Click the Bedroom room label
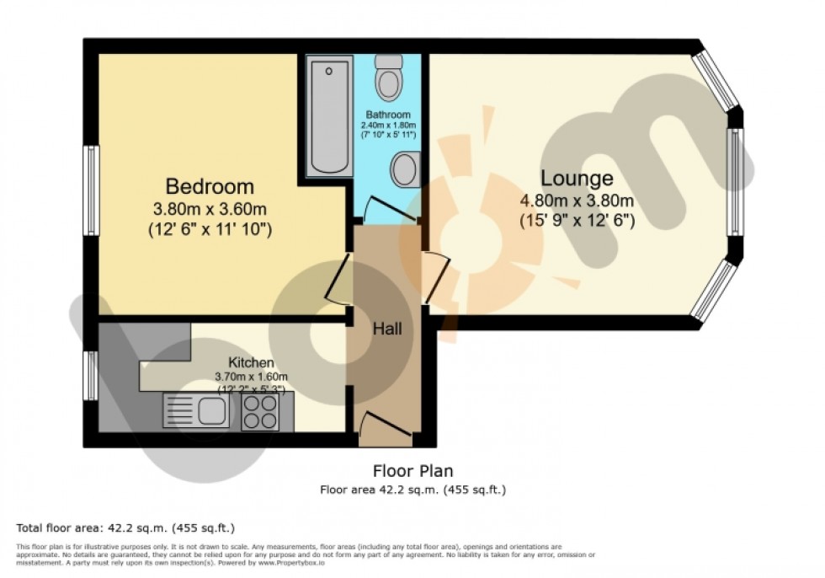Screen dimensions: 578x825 click(210, 186)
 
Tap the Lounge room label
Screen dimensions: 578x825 click(577, 179)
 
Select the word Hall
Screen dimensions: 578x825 click(387, 329)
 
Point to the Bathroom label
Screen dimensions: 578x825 click(388, 115)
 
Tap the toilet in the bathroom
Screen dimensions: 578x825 click(388, 78)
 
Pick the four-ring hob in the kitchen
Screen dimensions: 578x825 click(261, 412)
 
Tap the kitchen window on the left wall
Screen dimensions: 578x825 click(90, 375)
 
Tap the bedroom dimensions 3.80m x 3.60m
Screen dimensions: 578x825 click(210, 209)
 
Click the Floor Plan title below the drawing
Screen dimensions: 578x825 click(412, 471)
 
